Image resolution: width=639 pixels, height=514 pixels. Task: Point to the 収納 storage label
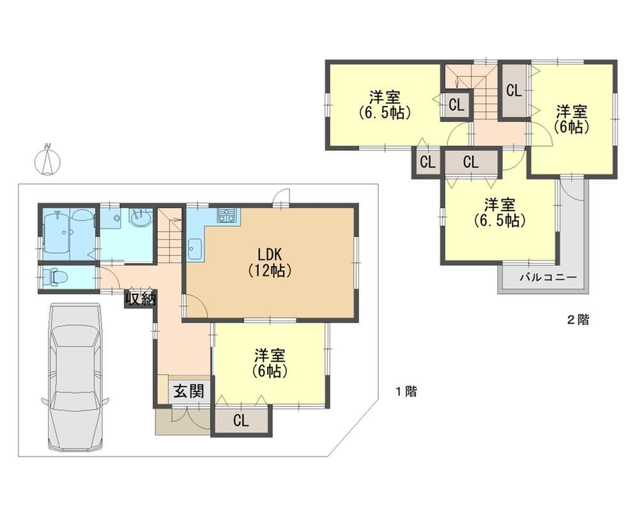pyautogui.click(x=141, y=299)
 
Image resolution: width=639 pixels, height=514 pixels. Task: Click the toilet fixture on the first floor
pyautogui.click(x=55, y=278)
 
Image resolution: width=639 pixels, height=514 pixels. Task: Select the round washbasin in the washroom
pyautogui.click(x=140, y=218)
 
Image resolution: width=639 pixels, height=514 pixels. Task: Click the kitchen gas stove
pyautogui.click(x=227, y=215)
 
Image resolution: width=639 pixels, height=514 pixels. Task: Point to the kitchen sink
pyautogui.click(x=194, y=248)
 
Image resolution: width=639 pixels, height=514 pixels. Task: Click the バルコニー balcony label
pyautogui.click(x=548, y=278)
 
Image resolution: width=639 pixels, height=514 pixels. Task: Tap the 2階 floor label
pyautogui.click(x=578, y=320)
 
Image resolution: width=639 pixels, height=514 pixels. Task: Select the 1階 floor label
pyautogui.click(x=406, y=392)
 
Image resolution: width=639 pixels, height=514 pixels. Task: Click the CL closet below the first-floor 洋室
pyautogui.click(x=242, y=421)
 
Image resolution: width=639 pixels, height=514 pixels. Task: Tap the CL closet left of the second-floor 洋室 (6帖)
pyautogui.click(x=514, y=90)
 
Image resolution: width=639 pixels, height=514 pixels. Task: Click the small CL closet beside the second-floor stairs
pyautogui.click(x=456, y=105)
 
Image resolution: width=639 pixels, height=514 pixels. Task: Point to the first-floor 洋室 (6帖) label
pyautogui.click(x=270, y=363)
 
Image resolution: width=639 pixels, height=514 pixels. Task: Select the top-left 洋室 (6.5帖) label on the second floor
pyautogui.click(x=384, y=104)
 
